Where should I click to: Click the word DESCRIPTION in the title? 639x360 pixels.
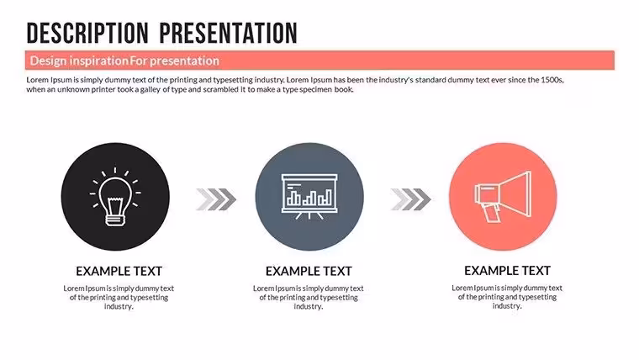coord(87,33)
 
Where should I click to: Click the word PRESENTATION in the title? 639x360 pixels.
coord(228,33)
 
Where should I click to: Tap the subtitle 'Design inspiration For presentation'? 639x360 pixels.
coord(124,61)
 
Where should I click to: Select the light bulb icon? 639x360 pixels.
coord(115,197)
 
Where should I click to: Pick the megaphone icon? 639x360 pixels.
coord(503,197)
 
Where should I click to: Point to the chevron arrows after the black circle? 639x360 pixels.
coord(216,199)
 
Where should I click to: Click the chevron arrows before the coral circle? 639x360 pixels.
coord(410,199)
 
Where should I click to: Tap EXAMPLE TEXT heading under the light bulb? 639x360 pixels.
coord(119,271)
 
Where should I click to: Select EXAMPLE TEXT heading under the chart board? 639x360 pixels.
coord(309,271)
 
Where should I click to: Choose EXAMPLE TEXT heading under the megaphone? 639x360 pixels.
coord(507,271)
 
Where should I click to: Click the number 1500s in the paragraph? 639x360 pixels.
coord(552,80)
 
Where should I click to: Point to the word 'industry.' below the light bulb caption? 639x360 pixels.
coord(119,306)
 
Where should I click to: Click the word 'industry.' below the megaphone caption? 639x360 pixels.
coord(507,306)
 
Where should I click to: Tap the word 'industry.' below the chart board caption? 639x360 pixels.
coord(309,306)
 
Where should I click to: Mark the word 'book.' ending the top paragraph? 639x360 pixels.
coord(344,89)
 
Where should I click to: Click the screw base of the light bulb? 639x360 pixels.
coord(115,220)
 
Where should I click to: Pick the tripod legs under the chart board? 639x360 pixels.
coord(309,215)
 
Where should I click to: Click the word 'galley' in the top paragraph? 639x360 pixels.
coord(151,90)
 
